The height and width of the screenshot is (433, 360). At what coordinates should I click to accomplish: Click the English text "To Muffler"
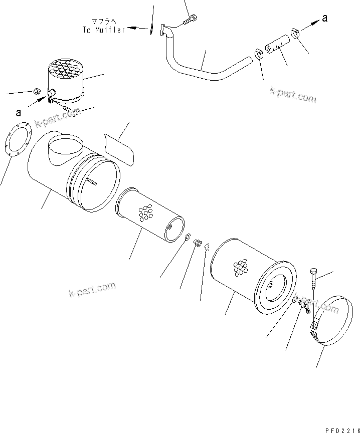104,30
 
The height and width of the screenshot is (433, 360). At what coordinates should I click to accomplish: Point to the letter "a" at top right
324,18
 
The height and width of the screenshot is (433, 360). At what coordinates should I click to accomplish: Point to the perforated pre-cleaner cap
66,78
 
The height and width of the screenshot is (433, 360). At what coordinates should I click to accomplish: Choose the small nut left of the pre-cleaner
37,91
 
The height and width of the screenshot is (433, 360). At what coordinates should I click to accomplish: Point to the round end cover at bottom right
328,321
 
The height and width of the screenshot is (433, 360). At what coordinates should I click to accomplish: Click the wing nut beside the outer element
303,306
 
